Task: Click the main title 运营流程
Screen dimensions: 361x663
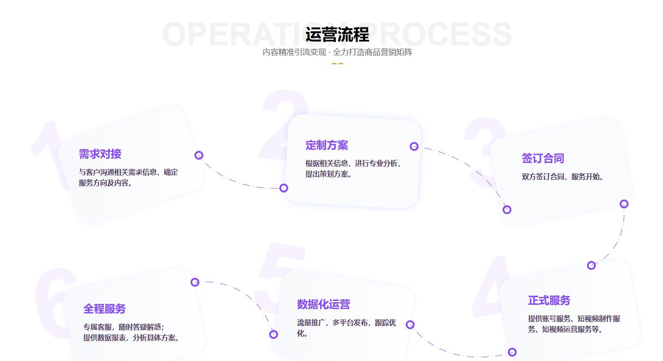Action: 337,35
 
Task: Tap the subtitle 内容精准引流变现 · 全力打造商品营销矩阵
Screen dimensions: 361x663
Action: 337,52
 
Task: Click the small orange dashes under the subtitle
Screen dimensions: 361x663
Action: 337,64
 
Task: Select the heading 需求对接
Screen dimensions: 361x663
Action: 100,154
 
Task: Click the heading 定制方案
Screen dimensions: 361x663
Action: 327,145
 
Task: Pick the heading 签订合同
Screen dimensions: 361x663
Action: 543,158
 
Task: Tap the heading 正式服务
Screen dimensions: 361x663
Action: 549,300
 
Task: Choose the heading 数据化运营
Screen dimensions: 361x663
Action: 324,304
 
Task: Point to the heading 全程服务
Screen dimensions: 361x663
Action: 104,309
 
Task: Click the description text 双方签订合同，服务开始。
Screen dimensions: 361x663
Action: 562,177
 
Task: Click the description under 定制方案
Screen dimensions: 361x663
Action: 353,169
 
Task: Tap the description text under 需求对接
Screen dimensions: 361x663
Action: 128,177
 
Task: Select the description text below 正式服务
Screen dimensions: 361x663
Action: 574,324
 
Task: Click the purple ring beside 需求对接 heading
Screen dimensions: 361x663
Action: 199,155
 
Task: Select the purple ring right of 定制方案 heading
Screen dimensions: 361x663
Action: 414,146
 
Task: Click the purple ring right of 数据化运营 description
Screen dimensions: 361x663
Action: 410,325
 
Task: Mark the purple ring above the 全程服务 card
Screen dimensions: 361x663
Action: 195,282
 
